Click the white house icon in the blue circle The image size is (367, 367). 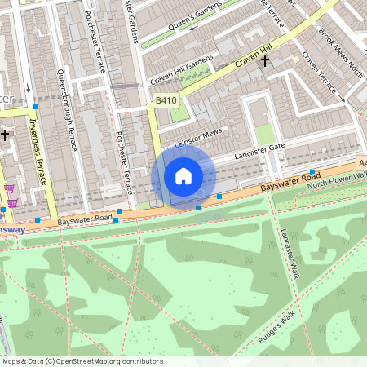point(183,175)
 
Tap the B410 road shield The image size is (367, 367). point(166,100)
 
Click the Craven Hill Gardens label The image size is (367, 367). point(181,72)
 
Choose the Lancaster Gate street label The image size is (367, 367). point(260,152)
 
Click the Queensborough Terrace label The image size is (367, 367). point(68,110)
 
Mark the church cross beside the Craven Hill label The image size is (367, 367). point(264,61)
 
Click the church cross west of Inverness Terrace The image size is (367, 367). point(5,135)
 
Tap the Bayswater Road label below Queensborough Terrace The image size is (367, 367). point(79,219)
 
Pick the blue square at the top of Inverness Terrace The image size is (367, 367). point(34,107)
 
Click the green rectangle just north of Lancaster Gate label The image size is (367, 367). point(263,134)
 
